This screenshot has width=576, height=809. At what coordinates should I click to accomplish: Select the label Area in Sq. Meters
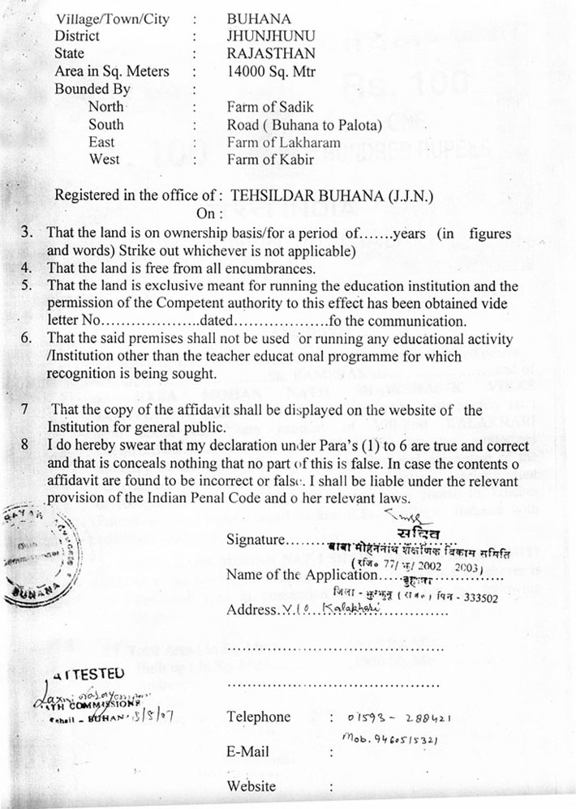coord(111,71)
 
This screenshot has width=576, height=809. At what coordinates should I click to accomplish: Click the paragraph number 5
coord(26,285)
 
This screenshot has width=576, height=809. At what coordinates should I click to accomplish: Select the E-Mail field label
coord(248,751)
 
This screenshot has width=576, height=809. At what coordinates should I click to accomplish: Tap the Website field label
coord(251,785)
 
